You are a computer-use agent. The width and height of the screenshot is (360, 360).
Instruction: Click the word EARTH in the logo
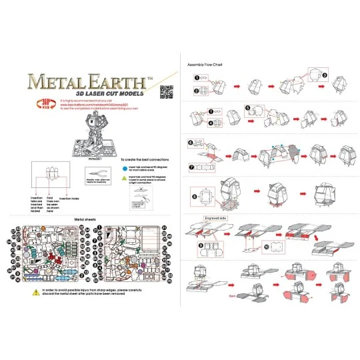coord(115,82)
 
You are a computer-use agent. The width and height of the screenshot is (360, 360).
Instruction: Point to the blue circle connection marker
coord(124,169)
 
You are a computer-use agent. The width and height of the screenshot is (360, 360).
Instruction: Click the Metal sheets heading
coord(89,218)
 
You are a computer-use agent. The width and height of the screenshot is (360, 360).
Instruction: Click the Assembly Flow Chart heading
coord(206,65)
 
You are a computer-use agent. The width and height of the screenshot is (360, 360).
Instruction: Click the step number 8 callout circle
coord(193,196)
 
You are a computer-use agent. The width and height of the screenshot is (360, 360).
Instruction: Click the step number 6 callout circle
coord(191,142)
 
